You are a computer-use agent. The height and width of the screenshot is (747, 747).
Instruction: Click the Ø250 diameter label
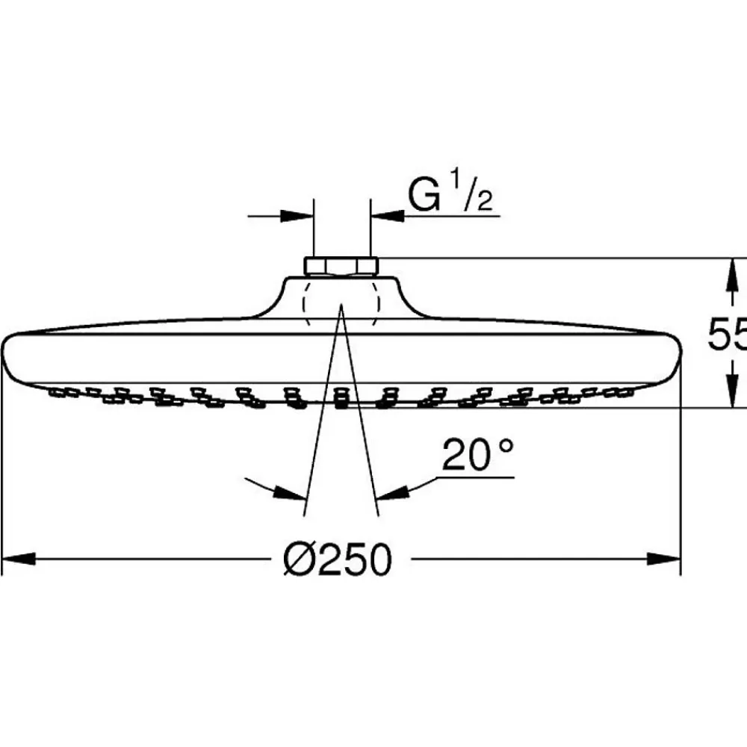(338, 560)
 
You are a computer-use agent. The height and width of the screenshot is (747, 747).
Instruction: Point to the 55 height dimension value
(727, 334)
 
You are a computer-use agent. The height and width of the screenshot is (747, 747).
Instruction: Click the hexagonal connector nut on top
(341, 267)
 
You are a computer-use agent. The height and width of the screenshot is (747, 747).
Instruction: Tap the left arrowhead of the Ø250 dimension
(19, 559)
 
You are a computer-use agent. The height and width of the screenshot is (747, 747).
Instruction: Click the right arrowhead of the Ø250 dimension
(663, 559)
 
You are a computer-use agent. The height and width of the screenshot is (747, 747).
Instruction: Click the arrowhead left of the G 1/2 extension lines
(297, 217)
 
